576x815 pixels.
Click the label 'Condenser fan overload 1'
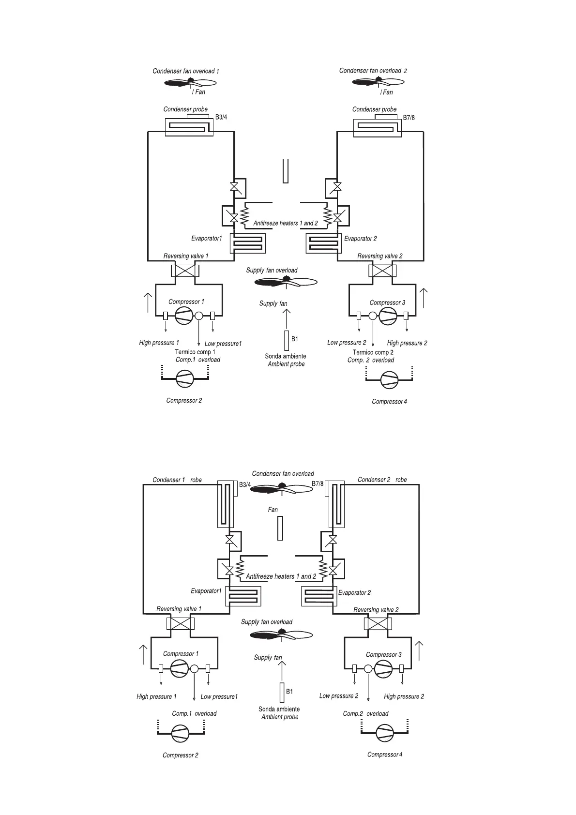click(186, 71)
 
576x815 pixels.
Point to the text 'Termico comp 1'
click(195, 352)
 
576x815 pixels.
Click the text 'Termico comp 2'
click(373, 352)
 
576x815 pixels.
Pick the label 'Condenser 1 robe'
click(177, 480)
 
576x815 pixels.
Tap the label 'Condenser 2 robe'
click(382, 480)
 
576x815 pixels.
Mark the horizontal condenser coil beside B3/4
click(189, 127)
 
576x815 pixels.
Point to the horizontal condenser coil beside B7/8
click(378, 127)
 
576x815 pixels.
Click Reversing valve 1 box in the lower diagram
click(180, 623)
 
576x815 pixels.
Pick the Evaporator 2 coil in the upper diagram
click(323, 243)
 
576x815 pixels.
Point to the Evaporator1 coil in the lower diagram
click(243, 596)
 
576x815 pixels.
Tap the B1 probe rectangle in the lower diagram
click(282, 692)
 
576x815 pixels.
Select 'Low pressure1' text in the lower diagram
click(219, 696)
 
